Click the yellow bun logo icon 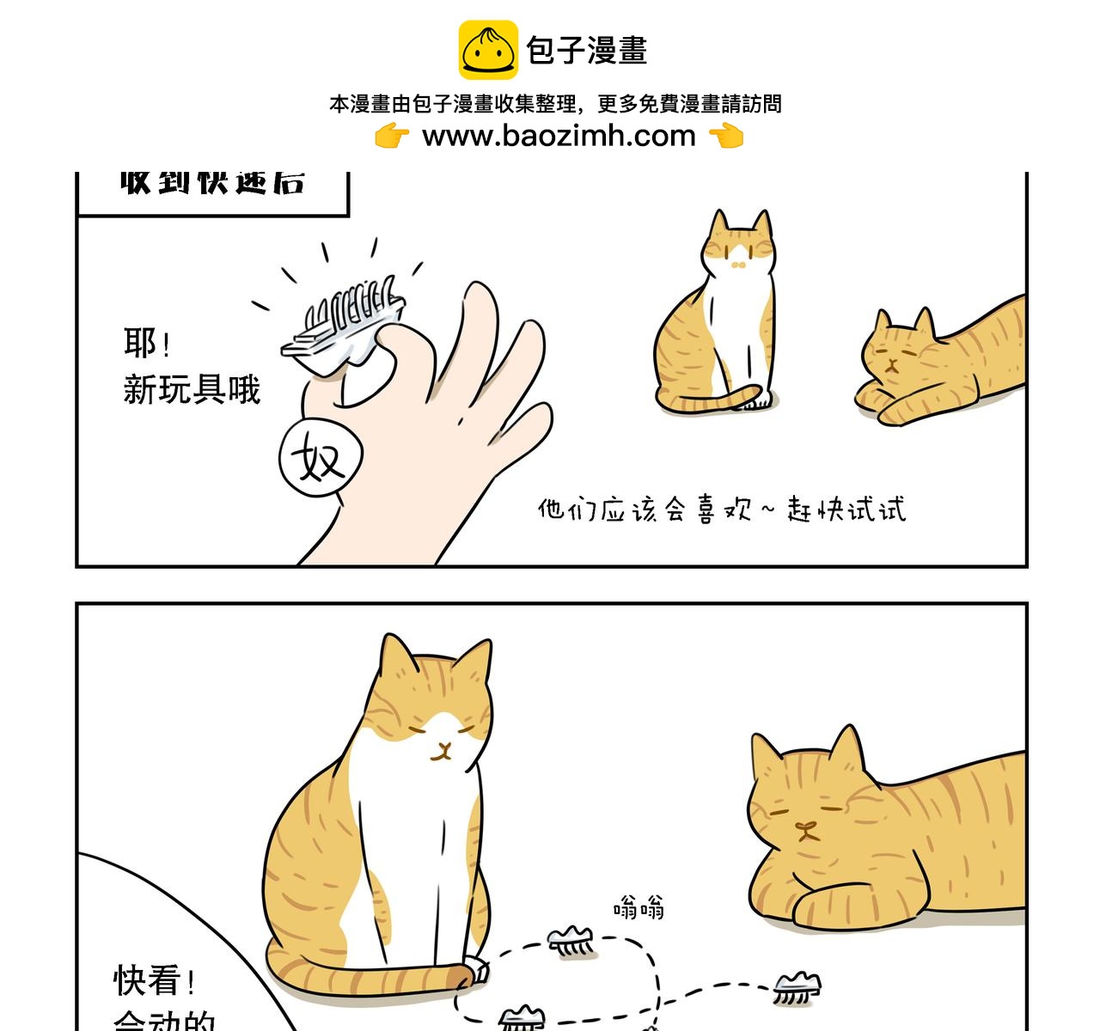coord(488,51)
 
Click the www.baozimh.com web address coord(559,136)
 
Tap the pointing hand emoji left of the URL coord(392,136)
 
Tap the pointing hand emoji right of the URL coord(726,136)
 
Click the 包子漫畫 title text coord(586,51)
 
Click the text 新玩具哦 coord(192,390)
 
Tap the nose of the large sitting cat coord(443,747)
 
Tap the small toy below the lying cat coord(797,987)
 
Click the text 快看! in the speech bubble coord(154,980)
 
